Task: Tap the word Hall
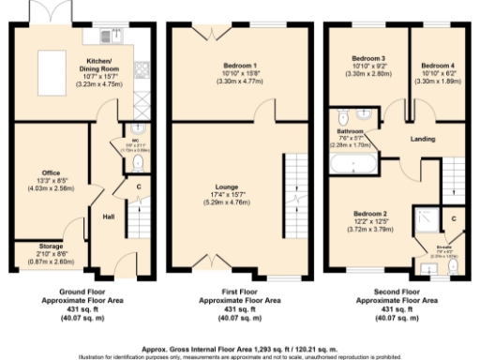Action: [x=109, y=217]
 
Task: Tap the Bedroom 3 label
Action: [x=361, y=59]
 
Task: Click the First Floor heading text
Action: [x=239, y=292]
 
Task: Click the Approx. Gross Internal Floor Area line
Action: [x=239, y=346]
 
